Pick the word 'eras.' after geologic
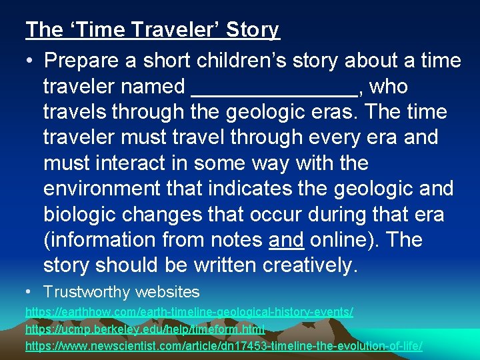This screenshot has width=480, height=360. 321,112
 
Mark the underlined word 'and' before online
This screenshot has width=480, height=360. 286,239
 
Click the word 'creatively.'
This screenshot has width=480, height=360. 311,265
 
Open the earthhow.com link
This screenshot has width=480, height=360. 189,311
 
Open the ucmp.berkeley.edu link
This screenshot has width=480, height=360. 145,329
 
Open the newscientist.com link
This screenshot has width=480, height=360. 223,346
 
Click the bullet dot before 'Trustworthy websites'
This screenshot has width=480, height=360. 30,291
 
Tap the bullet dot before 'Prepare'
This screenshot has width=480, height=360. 31,61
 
